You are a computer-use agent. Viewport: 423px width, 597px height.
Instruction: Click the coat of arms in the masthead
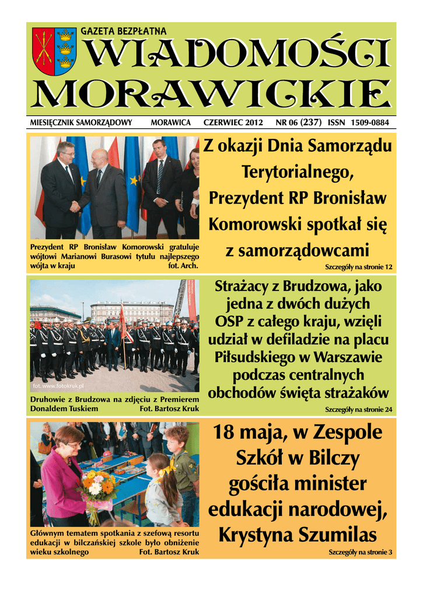tap(53, 52)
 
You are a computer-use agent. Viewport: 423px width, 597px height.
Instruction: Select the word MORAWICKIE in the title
tap(211, 94)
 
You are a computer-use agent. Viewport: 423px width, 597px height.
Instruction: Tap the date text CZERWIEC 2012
tap(233, 123)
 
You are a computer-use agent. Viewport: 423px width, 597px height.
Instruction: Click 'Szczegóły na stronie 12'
tap(358, 267)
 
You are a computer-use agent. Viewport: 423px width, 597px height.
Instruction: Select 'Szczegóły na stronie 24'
tap(358, 409)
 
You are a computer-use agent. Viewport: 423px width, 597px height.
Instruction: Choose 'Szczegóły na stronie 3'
tap(360, 552)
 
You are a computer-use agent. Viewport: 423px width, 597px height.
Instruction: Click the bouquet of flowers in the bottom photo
tap(99, 489)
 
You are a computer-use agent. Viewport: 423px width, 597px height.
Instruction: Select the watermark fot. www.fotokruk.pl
tap(59, 386)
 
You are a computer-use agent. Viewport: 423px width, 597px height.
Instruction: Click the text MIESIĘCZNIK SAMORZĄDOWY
tap(81, 123)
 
